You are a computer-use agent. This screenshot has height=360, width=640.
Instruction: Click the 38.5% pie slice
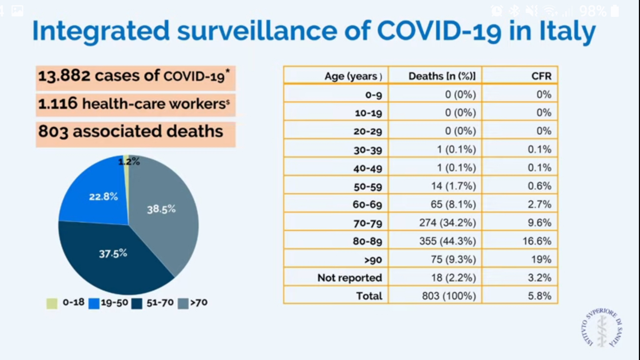164,215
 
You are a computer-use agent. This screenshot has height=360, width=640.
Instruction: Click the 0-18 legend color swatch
52,303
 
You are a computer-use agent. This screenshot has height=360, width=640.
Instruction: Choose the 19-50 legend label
114,303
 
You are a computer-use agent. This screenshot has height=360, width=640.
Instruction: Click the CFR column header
541,76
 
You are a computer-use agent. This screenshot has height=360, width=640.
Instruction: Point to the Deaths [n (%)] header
442,76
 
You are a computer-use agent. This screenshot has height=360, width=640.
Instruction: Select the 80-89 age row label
367,241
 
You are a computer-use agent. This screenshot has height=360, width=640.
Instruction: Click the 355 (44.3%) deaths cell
447,241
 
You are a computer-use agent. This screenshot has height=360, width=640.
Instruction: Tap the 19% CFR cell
541,259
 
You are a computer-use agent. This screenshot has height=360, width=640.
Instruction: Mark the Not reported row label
349,278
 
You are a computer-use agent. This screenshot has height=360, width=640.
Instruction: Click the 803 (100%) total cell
449,296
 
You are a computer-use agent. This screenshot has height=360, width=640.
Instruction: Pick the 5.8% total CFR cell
539,296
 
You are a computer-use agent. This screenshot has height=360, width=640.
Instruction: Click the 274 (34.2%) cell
447,223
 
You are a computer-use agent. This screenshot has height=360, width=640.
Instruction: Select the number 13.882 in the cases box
64,76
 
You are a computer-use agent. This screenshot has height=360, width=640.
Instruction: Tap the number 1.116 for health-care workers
58,104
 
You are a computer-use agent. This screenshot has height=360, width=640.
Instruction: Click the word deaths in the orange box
194,131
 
